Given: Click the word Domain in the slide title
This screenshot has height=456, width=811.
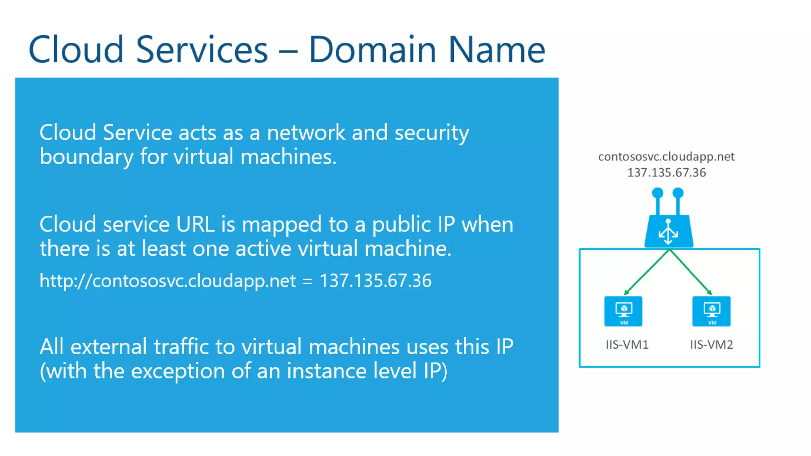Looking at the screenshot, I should click(372, 50).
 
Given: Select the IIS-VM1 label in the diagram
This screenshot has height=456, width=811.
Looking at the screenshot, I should click(627, 345).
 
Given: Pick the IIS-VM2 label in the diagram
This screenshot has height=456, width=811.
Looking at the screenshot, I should click(711, 345).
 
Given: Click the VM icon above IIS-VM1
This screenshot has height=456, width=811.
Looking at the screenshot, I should click(623, 311).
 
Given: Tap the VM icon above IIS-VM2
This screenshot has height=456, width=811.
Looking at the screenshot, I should click(711, 311).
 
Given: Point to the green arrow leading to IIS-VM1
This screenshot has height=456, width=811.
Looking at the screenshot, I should click(646, 273).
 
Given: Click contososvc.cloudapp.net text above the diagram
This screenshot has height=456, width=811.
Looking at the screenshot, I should click(666, 157).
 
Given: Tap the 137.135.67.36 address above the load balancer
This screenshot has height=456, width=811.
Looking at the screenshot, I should click(666, 173).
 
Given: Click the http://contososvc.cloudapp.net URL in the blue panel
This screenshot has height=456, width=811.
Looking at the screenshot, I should click(168, 281).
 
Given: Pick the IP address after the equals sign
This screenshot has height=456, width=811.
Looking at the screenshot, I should click(375, 281).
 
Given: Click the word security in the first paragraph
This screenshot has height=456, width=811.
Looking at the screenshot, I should click(432, 133).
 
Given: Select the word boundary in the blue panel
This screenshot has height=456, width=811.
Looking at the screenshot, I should click(86, 157).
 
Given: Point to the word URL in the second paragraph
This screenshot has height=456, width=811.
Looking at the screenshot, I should click(195, 224).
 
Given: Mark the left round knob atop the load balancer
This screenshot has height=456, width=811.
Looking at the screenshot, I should click(657, 193).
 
